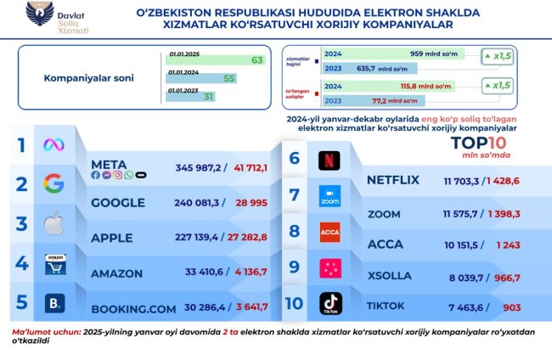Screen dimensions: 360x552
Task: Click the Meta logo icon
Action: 54,145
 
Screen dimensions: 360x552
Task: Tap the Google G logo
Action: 54,184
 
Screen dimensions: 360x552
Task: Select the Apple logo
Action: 54,225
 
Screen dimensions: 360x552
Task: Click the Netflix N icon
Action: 329,159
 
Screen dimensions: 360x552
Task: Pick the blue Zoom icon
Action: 329,196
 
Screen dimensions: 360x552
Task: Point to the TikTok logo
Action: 330,303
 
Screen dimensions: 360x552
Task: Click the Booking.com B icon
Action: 55,303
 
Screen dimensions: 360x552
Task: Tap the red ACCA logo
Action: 330,232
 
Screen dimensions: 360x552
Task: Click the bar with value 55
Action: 200,78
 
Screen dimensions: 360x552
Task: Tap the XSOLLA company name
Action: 389,275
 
